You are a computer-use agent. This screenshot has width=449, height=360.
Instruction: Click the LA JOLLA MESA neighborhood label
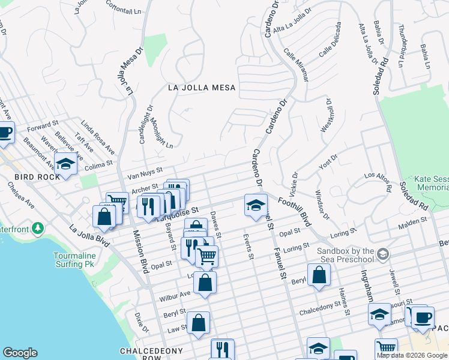202,88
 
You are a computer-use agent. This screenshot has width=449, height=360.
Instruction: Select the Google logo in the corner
20,353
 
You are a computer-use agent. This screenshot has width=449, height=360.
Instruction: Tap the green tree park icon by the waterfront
38,229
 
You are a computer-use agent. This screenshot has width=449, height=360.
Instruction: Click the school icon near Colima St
65,163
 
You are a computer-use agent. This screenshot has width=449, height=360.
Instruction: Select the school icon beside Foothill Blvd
256,205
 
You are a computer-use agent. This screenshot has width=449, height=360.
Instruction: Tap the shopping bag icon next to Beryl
319,275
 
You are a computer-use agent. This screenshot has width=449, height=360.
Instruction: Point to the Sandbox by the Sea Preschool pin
383,256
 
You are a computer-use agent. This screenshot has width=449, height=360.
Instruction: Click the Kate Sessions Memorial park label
431,184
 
